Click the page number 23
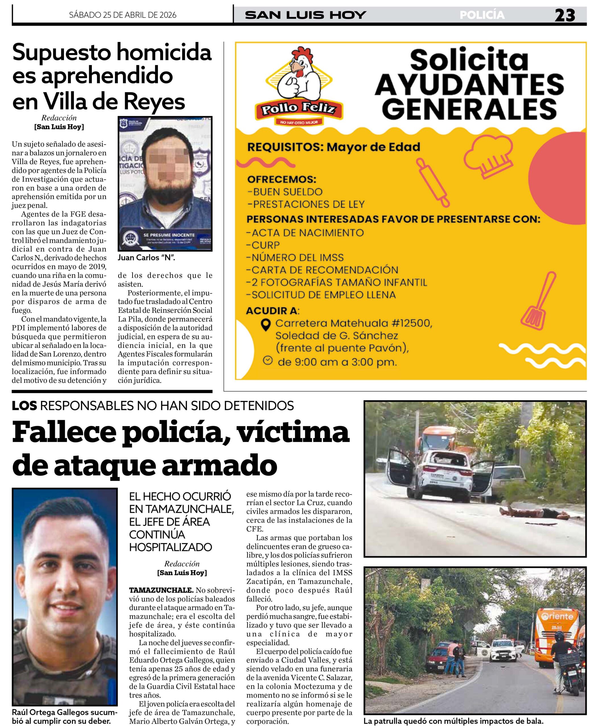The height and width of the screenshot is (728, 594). click(x=565, y=15)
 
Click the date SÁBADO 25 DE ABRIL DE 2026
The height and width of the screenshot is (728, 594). click(x=123, y=15)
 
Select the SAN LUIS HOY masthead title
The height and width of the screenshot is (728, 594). click(x=306, y=15)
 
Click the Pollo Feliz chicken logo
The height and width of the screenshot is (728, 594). click(x=299, y=87)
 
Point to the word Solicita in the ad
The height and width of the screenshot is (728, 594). click(x=469, y=61)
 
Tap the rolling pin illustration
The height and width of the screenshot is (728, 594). click(x=432, y=182)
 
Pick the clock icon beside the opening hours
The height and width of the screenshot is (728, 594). click(x=268, y=360)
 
